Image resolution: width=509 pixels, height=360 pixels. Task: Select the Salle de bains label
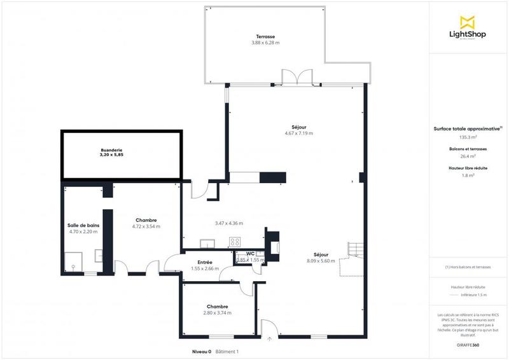pyautogui.click(x=83, y=225)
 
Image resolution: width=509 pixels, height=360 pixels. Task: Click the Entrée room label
pyautogui.click(x=205, y=262)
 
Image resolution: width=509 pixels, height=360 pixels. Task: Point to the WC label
pyautogui.click(x=250, y=254)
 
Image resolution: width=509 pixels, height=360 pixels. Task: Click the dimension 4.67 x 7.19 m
pyautogui.click(x=299, y=133)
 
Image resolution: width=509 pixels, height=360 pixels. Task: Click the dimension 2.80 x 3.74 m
pyautogui.click(x=217, y=313)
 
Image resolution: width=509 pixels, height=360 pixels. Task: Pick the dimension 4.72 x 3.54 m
pyautogui.click(x=146, y=226)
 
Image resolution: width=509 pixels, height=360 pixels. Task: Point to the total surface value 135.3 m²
pyautogui.click(x=468, y=136)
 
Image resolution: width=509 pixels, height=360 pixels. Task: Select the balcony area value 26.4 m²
pyautogui.click(x=468, y=156)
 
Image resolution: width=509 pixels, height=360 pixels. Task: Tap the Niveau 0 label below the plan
pyautogui.click(x=201, y=352)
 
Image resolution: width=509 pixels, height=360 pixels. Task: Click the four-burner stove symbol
pyautogui.click(x=235, y=242)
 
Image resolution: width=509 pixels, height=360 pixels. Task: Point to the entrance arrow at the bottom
pyautogui.click(x=270, y=338)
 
